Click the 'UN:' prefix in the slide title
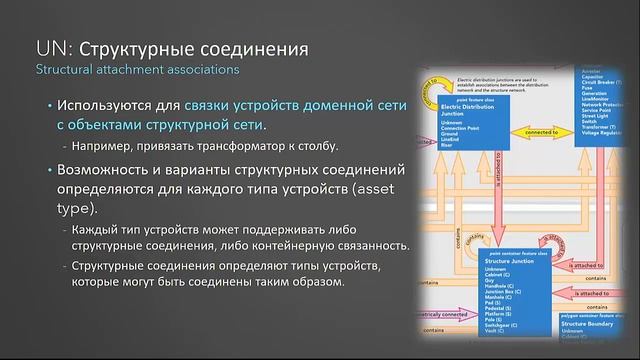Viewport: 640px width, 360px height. click(51, 47)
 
